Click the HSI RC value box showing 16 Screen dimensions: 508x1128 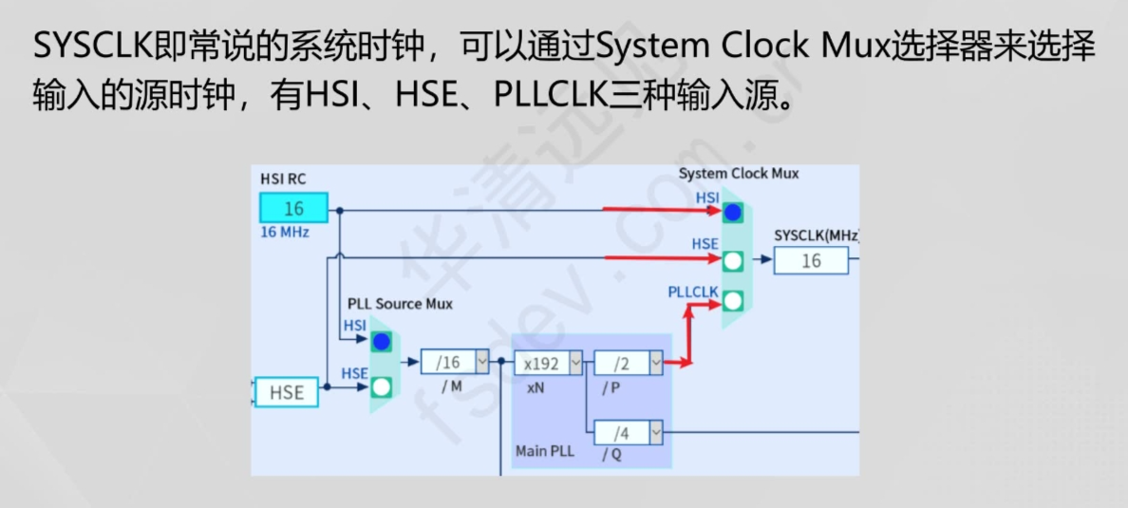click(x=293, y=208)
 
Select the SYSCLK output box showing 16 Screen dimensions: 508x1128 click(x=810, y=260)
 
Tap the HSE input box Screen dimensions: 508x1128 click(x=286, y=392)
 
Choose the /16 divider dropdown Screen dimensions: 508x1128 click(x=455, y=362)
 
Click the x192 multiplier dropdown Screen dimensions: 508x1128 click(x=549, y=362)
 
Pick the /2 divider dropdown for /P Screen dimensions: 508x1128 click(x=628, y=362)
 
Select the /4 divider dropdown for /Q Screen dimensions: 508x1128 click(x=628, y=433)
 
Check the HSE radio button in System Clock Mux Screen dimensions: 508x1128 click(x=732, y=260)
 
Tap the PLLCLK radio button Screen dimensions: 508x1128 click(x=732, y=301)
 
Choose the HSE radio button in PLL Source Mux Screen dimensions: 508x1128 click(x=382, y=386)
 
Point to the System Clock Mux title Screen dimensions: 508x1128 click(x=738, y=174)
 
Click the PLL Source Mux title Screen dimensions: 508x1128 click(x=400, y=304)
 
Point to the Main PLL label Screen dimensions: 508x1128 click(x=544, y=450)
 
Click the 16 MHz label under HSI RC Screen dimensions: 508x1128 click(x=285, y=232)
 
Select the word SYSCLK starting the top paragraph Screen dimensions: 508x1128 click(x=87, y=46)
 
